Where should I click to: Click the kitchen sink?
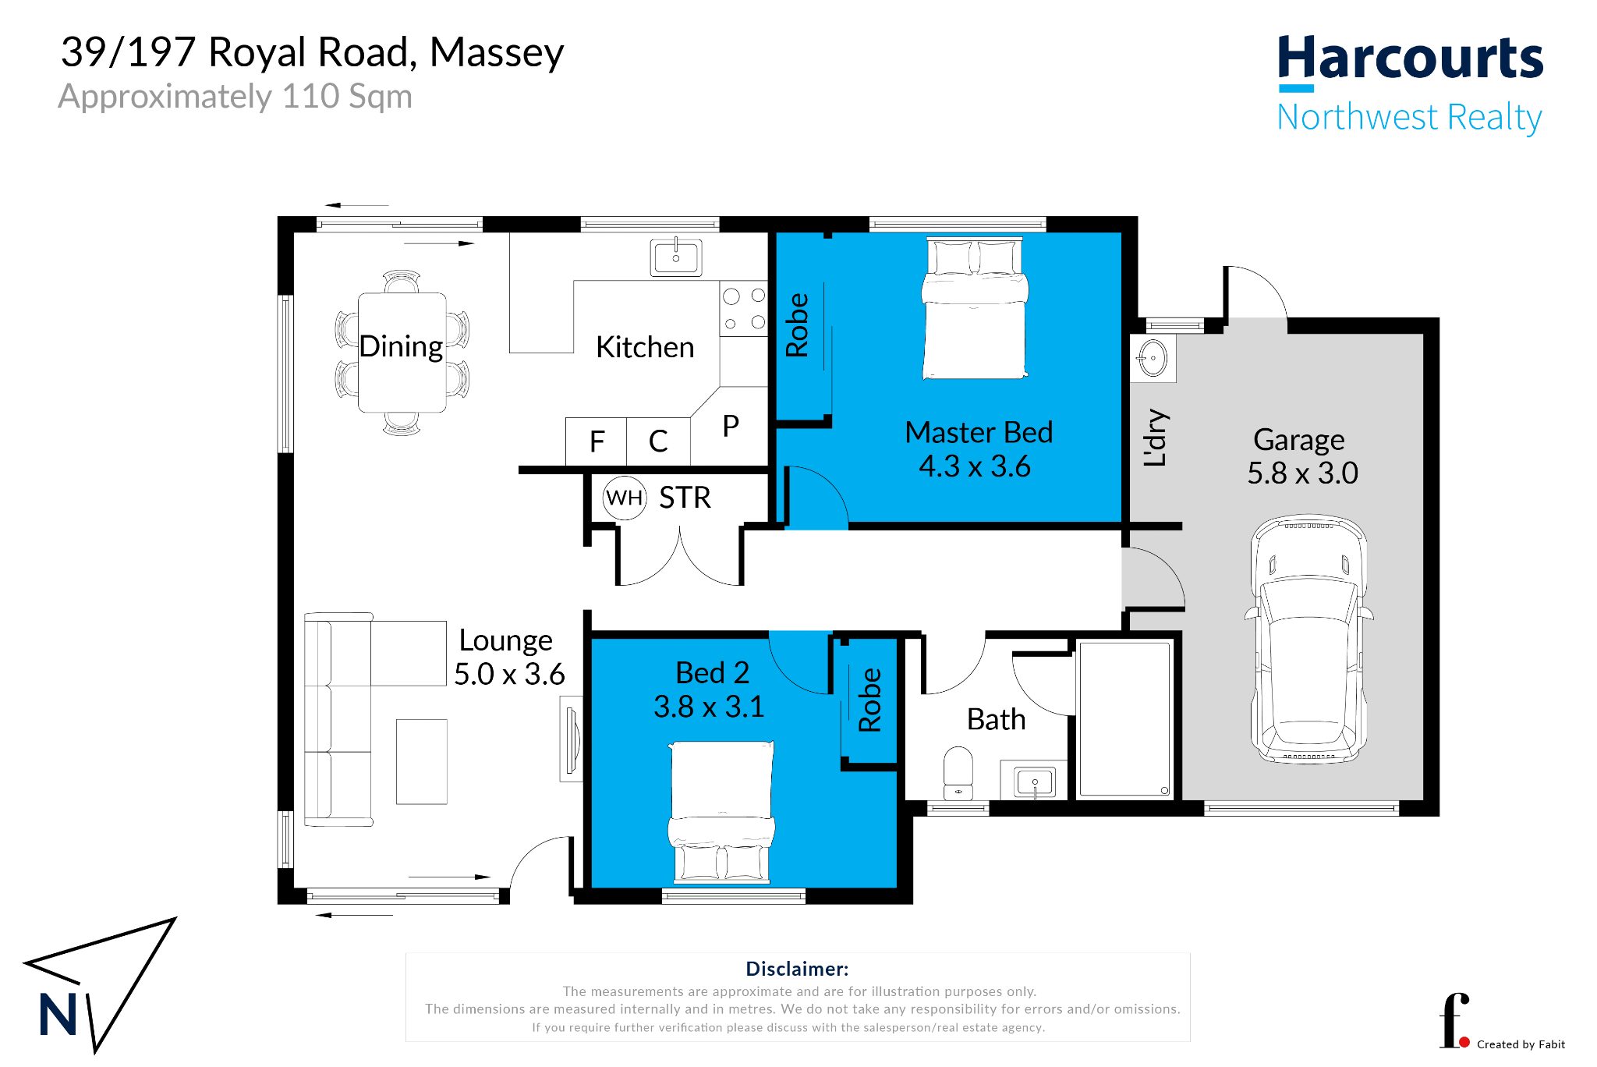(x=675, y=257)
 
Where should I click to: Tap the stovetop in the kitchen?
(x=743, y=309)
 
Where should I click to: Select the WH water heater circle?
(x=625, y=497)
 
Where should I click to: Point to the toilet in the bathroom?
(x=958, y=773)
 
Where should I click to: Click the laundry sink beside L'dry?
(x=1153, y=359)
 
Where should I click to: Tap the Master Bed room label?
(x=979, y=432)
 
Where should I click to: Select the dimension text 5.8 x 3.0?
(x=1302, y=473)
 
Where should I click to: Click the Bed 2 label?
(x=712, y=672)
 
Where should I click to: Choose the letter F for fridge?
(x=597, y=442)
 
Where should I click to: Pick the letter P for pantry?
(x=731, y=426)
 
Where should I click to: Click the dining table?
(x=402, y=353)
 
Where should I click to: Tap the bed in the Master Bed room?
(x=975, y=308)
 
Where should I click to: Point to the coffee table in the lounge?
(x=422, y=761)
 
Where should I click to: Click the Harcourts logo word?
(x=1410, y=58)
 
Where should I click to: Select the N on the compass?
(x=58, y=1014)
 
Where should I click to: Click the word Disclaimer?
(x=797, y=969)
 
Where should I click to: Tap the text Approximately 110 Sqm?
(x=235, y=97)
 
